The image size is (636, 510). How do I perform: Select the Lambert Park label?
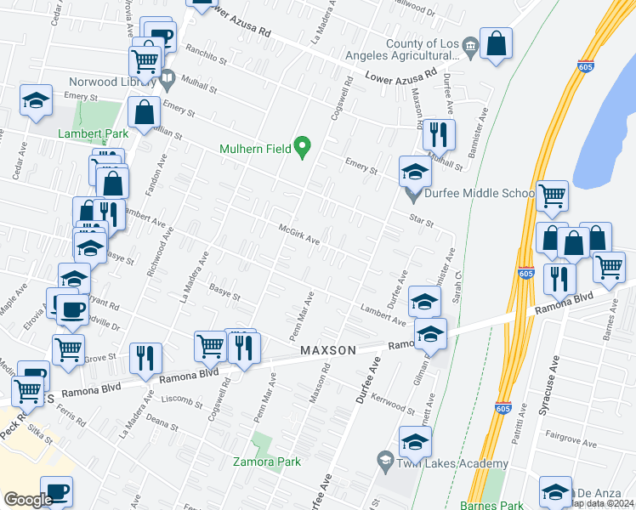click(x=92, y=133)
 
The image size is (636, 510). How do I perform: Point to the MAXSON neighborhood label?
click(x=328, y=350)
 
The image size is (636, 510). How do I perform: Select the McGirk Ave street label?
click(x=299, y=234)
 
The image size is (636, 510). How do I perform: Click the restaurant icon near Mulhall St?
click(x=439, y=133)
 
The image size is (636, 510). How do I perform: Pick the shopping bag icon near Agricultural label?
click(x=496, y=42)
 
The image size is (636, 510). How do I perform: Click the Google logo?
click(x=28, y=499)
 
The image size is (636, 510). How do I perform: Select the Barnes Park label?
click(x=487, y=504)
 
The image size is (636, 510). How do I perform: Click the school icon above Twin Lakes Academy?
click(x=415, y=442)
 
